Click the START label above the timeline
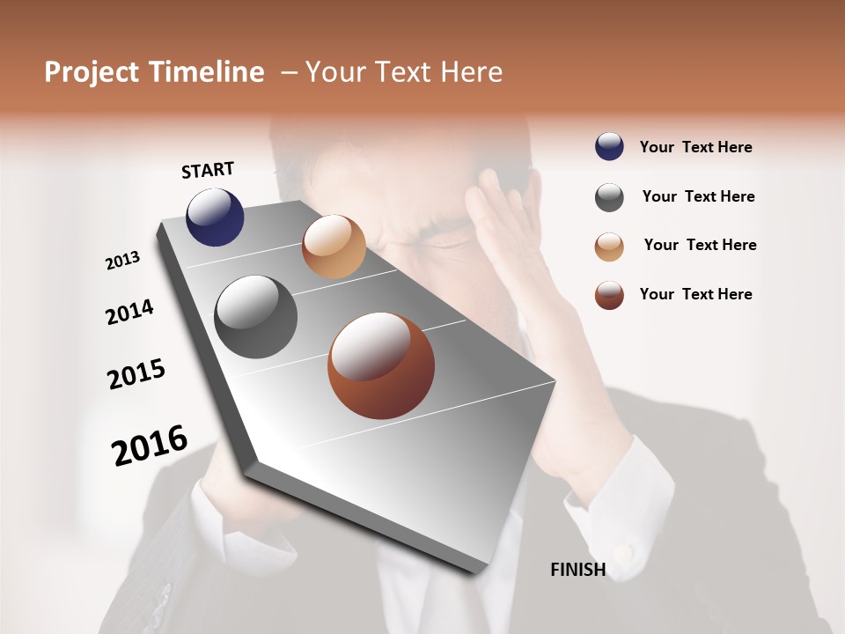(x=208, y=170)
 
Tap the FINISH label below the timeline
(x=577, y=570)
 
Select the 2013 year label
(x=122, y=261)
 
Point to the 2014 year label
(x=129, y=313)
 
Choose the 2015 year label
(x=136, y=374)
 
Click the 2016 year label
(x=150, y=446)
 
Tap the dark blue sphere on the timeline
(x=215, y=217)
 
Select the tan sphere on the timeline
(x=334, y=246)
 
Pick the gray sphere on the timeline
(x=256, y=317)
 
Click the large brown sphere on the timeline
(x=381, y=365)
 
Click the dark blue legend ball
(x=609, y=146)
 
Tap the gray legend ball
(x=609, y=197)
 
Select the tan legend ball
(x=609, y=247)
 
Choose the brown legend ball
(x=609, y=295)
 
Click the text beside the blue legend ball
(x=695, y=147)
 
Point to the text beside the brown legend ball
(x=695, y=294)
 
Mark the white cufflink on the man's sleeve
(x=623, y=553)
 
